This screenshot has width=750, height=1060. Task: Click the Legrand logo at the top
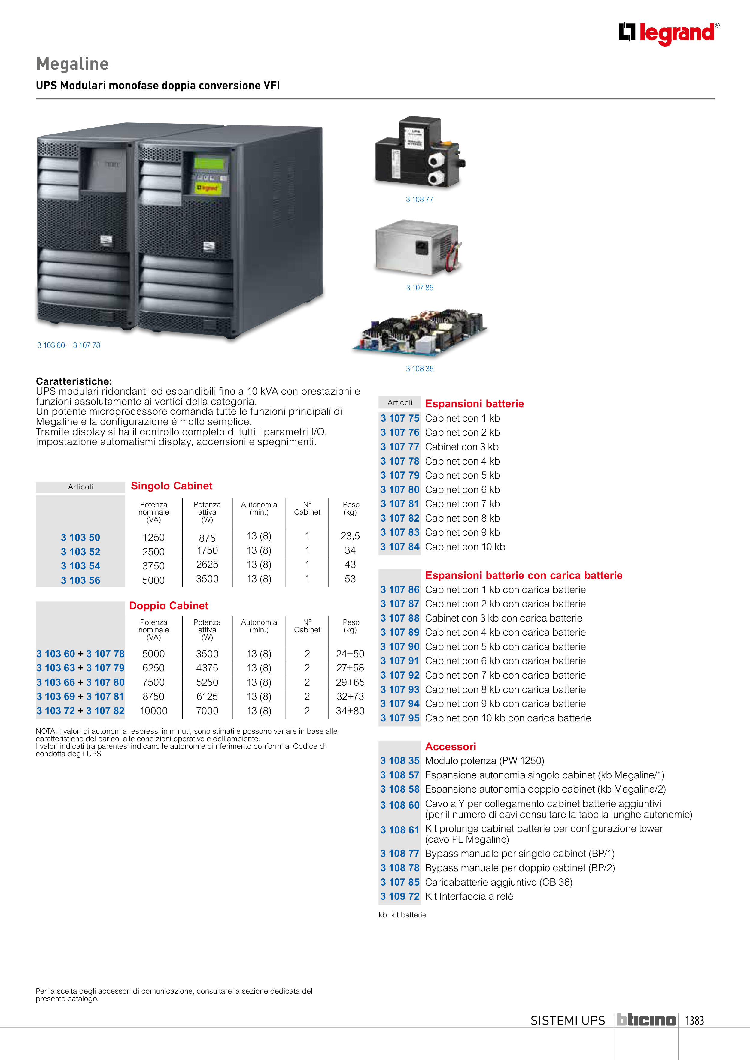[x=669, y=33]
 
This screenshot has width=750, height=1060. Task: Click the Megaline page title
[x=73, y=64]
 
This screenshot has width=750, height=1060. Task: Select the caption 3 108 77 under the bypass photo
[x=420, y=200]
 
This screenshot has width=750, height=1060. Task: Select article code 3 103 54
[x=80, y=566]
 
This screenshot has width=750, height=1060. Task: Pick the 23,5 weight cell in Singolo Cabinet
[x=350, y=536]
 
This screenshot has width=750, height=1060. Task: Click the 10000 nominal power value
[x=153, y=711]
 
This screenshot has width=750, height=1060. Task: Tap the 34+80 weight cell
[x=350, y=711]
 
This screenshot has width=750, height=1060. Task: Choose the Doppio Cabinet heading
[x=169, y=606]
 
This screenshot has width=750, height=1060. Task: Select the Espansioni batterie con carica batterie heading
[x=524, y=575]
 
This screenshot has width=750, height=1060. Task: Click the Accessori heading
[x=451, y=746]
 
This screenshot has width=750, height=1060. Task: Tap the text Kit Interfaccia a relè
[x=469, y=896]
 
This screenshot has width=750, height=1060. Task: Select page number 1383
[x=694, y=1020]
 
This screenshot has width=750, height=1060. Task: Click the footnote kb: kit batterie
[x=402, y=915]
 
